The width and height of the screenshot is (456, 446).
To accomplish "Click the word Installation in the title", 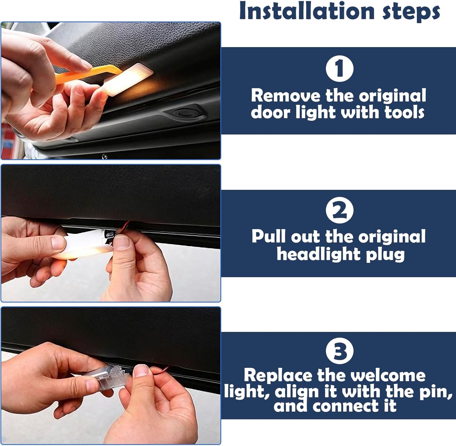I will (307, 11).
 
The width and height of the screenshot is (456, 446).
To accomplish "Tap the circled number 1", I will (339, 68).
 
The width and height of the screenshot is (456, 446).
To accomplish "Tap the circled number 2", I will (339, 210).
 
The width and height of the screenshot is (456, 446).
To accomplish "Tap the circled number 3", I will (339, 351).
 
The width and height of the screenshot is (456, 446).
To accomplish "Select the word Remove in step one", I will (286, 96).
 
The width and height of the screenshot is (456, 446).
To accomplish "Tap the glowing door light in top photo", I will (128, 79).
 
